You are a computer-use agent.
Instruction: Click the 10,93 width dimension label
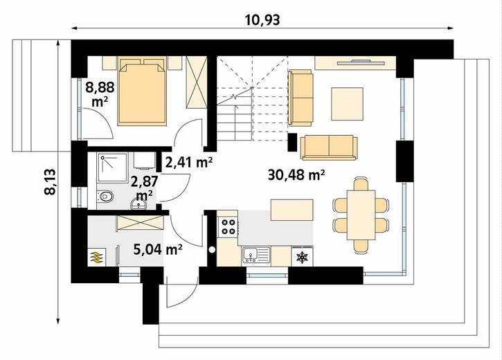[x=262, y=20]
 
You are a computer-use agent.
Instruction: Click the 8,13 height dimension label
[x=51, y=182]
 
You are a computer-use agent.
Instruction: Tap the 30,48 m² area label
[x=296, y=175]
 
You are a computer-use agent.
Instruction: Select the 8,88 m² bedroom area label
[x=100, y=94]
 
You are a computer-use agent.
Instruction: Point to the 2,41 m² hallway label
[x=189, y=162]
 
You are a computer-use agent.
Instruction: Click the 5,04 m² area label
[x=158, y=250]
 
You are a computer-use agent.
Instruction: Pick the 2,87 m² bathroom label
[x=145, y=188]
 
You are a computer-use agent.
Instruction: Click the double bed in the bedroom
[x=143, y=91]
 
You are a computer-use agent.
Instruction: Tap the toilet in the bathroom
[x=105, y=196]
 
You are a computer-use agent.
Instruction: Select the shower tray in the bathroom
[x=112, y=168]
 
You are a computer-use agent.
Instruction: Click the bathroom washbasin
[x=139, y=204]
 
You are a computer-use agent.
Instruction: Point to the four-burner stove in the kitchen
[x=228, y=226]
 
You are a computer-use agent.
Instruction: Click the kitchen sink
[x=256, y=254]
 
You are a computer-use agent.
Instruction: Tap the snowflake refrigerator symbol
[x=302, y=257]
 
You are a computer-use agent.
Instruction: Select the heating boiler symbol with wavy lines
[x=96, y=257]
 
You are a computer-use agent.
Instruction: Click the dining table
[x=361, y=215]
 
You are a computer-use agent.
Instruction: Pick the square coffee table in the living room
[x=347, y=104]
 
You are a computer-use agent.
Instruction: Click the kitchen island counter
[x=292, y=210]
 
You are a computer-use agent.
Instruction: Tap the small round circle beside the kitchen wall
[x=211, y=250]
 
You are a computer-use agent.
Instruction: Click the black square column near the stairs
[x=293, y=142]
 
